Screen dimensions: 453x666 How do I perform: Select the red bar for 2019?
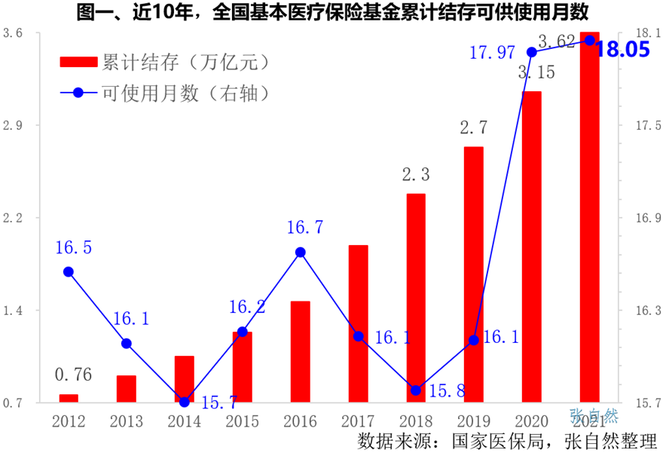(x=473, y=274)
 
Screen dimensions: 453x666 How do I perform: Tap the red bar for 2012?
(x=69, y=398)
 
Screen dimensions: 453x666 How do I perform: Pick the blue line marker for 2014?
(x=185, y=402)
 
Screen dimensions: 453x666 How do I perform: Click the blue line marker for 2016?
(x=300, y=253)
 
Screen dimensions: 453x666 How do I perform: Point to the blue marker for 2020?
(x=531, y=52)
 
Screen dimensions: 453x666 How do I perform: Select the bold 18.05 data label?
(x=622, y=50)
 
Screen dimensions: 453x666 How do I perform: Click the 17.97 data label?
(x=491, y=53)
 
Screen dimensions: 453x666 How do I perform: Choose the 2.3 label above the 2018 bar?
(x=416, y=176)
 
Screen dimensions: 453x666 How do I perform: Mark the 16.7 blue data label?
(x=305, y=226)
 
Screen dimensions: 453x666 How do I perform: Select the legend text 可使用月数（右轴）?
(x=186, y=93)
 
